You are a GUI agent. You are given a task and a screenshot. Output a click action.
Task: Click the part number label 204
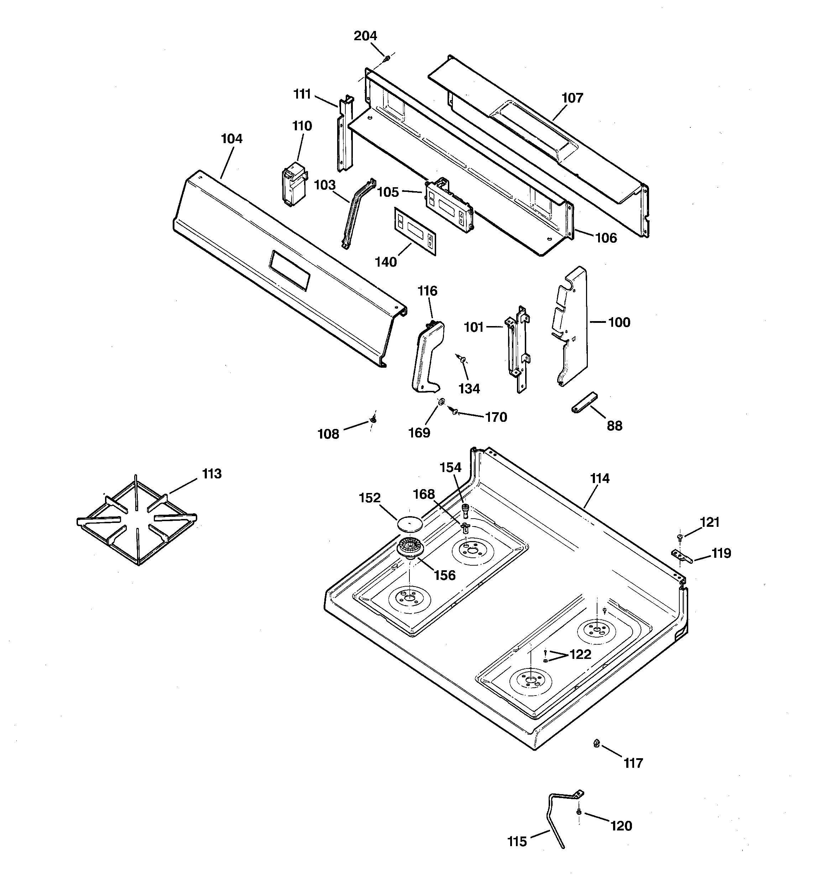[x=365, y=36]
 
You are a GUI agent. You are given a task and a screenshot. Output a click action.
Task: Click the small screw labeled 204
[x=387, y=58]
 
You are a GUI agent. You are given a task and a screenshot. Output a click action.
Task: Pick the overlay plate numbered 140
[x=415, y=232]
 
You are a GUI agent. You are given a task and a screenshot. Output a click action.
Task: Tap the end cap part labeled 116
[x=427, y=357]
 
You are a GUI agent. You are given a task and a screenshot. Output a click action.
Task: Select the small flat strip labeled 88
[x=584, y=402]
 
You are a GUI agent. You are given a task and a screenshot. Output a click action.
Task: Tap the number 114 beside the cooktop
[x=600, y=479]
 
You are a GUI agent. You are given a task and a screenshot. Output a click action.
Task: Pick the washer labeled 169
[x=441, y=402]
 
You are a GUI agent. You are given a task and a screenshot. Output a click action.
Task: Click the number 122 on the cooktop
[x=580, y=655]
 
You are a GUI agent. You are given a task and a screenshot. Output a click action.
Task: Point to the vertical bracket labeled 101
[x=517, y=349]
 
